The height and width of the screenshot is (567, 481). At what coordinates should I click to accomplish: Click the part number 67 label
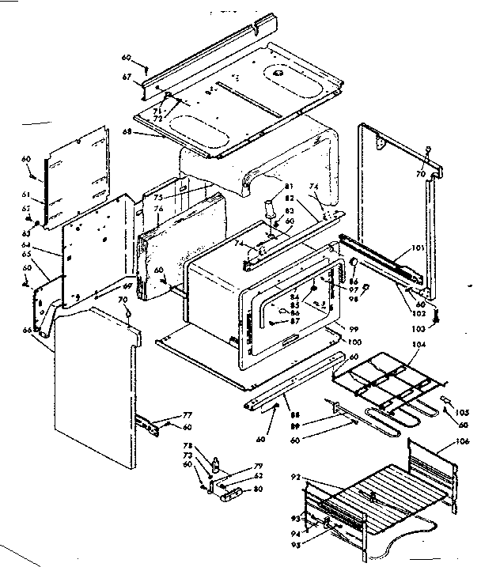pyautogui.click(x=126, y=76)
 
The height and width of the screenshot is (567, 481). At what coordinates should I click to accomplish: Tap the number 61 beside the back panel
pyautogui.click(x=26, y=193)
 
